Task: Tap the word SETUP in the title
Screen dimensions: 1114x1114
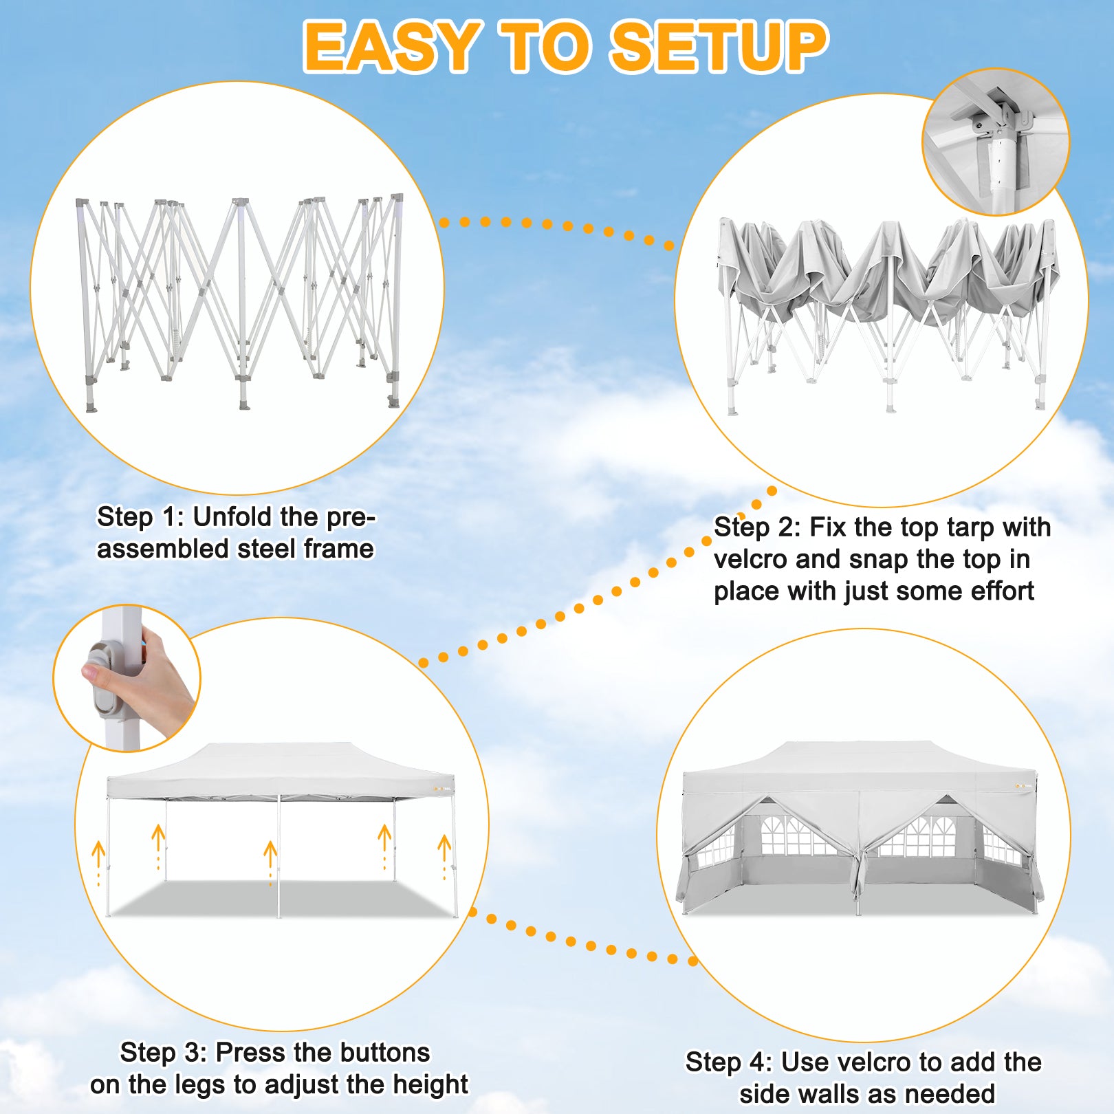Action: click(x=719, y=47)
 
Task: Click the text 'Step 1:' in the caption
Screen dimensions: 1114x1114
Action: click(x=140, y=517)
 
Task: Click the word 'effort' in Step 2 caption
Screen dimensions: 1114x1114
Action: click(x=1002, y=591)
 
